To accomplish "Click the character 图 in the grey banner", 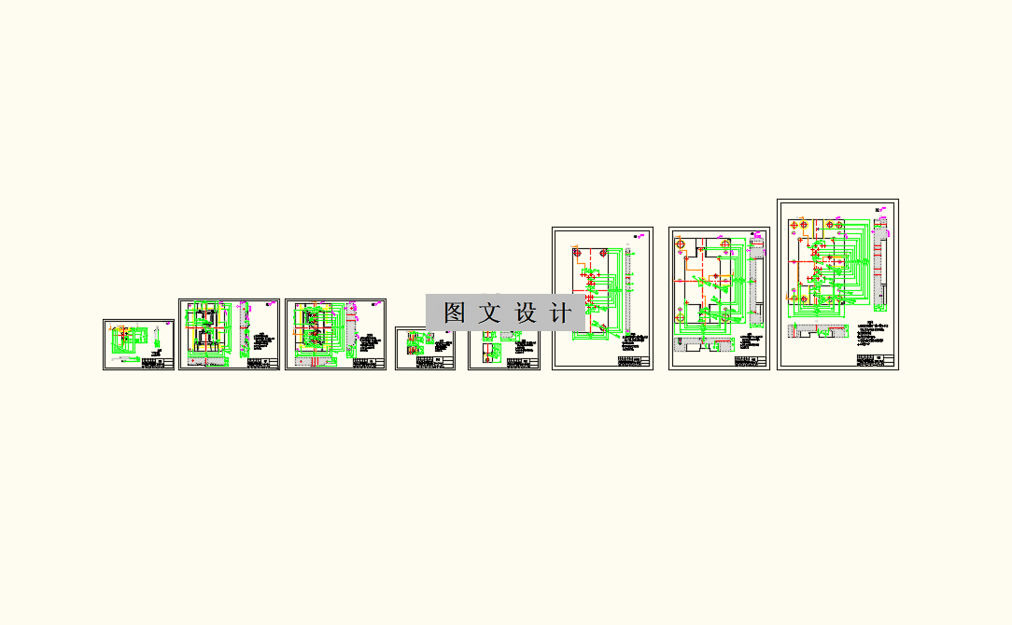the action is pyautogui.click(x=455, y=313).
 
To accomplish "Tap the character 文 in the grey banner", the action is pyautogui.click(x=491, y=313).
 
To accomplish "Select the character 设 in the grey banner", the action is pyautogui.click(x=527, y=313).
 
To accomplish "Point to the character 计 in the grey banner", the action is pyautogui.click(x=561, y=313).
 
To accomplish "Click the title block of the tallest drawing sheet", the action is pyautogui.click(x=876, y=360).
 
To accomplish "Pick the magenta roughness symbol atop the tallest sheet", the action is pyautogui.click(x=880, y=208).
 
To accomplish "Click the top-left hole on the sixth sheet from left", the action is pyautogui.click(x=578, y=253).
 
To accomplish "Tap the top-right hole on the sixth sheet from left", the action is pyautogui.click(x=603, y=253).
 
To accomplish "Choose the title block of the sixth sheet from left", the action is pyautogui.click(x=633, y=360).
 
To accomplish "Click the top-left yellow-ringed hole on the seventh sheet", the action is pyautogui.click(x=681, y=244).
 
